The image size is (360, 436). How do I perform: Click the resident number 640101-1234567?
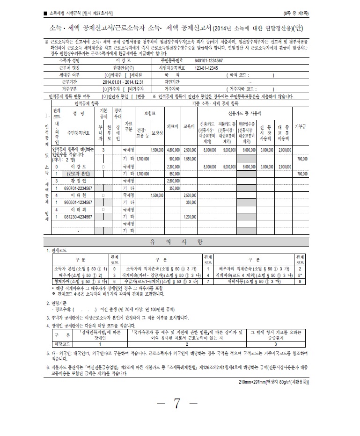(x=209, y=61)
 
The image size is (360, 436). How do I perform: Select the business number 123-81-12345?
(x=206, y=67)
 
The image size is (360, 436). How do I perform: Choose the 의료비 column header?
(x=173, y=126)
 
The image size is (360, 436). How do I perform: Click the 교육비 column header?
(x=189, y=126)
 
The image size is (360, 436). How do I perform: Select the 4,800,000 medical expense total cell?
(x=173, y=150)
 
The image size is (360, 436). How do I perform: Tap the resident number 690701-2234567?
(x=78, y=188)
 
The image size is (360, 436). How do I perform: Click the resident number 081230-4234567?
(x=78, y=217)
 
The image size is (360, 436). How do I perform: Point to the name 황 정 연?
(x=79, y=181)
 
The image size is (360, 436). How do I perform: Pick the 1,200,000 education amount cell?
(x=190, y=217)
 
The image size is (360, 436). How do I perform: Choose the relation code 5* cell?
(x=300, y=276)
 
